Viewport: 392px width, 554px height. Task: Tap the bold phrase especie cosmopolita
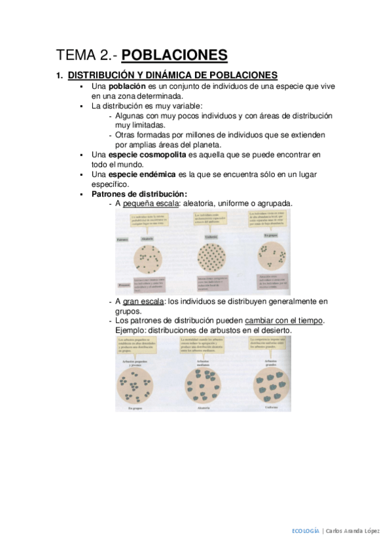coord(148,155)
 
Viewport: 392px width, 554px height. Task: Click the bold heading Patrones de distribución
coord(139,194)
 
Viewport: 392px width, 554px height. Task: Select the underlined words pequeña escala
coord(150,204)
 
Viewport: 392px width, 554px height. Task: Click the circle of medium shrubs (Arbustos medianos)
coord(207,385)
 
